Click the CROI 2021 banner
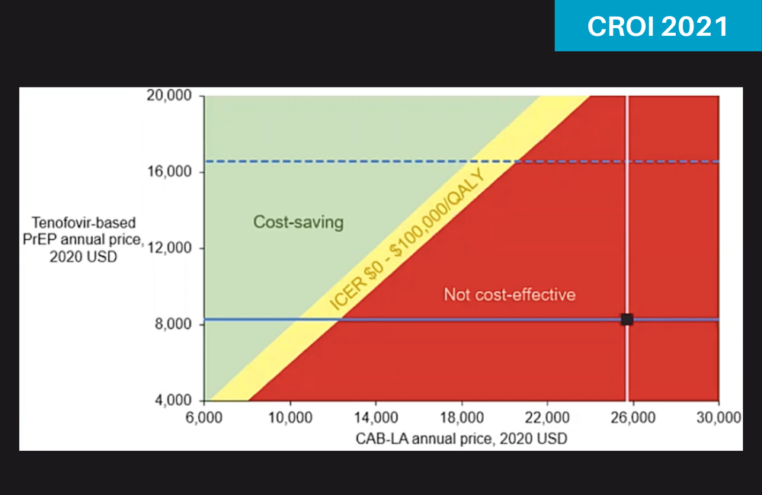tap(658, 26)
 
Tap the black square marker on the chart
tap(626, 319)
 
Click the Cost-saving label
tap(298, 222)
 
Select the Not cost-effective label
tap(510, 294)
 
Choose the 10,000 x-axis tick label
tap(290, 417)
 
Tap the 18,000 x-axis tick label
tap(462, 417)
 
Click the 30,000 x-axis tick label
tap(719, 417)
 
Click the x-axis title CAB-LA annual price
tap(462, 438)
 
